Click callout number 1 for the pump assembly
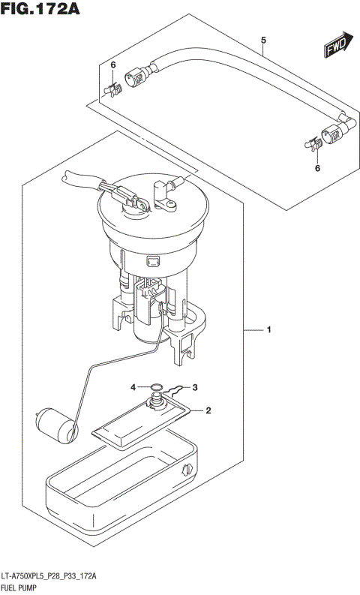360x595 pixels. click(x=268, y=329)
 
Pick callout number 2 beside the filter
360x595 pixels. click(x=209, y=410)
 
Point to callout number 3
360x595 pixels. click(x=194, y=387)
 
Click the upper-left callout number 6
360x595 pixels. click(x=112, y=66)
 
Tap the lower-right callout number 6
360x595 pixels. click(x=316, y=169)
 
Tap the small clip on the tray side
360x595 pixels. click(x=186, y=470)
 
